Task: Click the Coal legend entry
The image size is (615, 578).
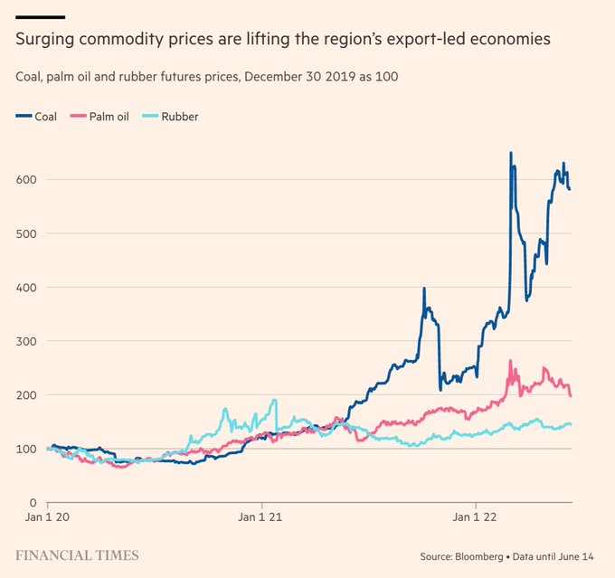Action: [37, 117]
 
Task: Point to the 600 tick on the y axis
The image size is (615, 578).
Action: [26, 180]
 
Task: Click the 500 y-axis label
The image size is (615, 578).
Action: [26, 233]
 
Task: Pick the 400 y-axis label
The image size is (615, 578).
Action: [26, 288]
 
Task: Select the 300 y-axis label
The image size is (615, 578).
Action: [26, 341]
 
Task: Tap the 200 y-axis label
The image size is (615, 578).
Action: [26, 395]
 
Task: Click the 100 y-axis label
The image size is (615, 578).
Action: [26, 449]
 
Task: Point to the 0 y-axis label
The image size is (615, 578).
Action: [31, 503]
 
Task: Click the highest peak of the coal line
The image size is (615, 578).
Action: [511, 153]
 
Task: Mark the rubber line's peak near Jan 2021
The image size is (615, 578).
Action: [274, 400]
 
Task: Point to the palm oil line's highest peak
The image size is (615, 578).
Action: [511, 361]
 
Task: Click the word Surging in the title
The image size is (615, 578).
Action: [46, 41]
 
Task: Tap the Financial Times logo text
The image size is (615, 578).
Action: [78, 554]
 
